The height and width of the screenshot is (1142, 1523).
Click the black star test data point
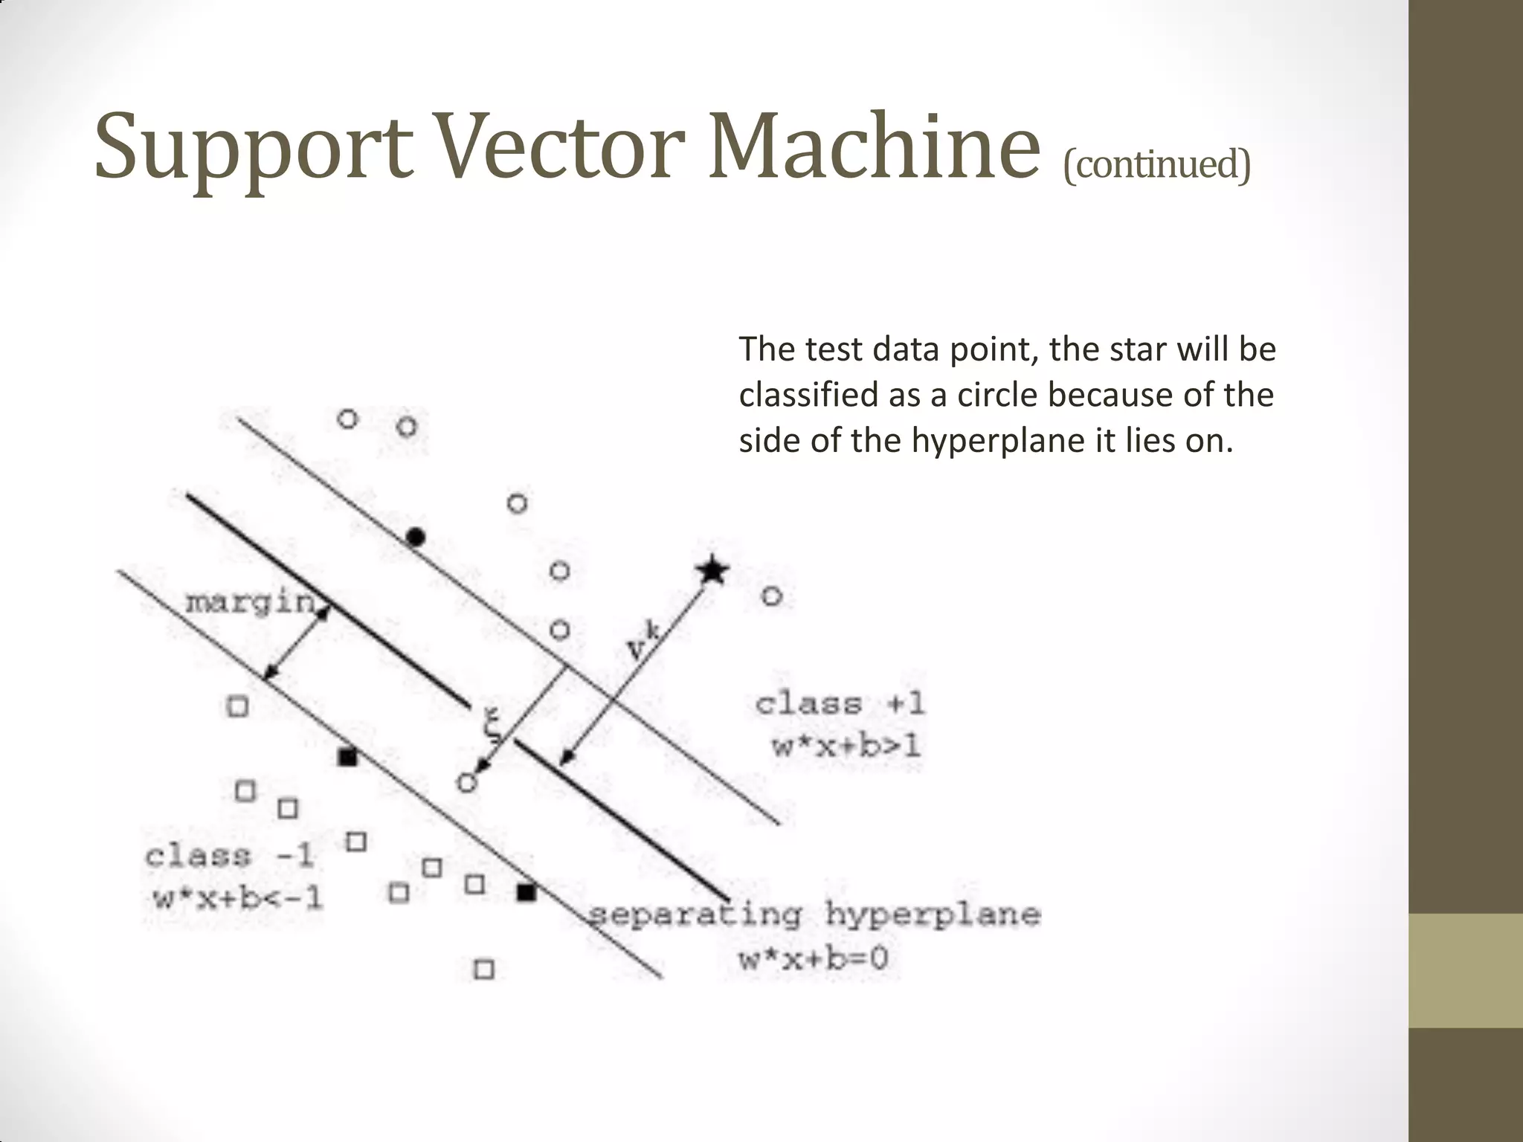(712, 571)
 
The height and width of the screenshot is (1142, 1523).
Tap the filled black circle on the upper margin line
(416, 536)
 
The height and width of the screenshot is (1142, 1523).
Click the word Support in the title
(253, 149)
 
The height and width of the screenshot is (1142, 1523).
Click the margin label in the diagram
(250, 601)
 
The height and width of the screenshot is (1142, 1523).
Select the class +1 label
(840, 703)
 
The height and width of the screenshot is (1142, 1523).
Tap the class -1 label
(229, 856)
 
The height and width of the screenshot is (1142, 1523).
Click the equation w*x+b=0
(814, 958)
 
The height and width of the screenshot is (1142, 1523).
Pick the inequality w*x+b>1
(846, 745)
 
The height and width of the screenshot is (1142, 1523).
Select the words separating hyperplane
(814, 914)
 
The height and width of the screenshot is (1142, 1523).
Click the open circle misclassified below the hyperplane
(466, 782)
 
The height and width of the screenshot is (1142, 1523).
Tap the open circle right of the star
(772, 596)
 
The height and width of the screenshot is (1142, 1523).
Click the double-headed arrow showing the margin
(296, 640)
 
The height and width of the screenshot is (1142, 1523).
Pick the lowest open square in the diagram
(484, 969)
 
